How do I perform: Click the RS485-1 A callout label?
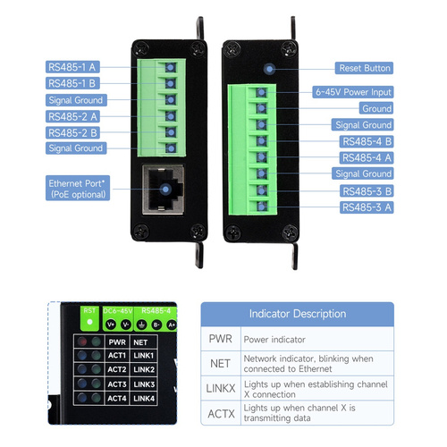(x=72, y=67)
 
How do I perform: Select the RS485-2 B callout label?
(x=72, y=132)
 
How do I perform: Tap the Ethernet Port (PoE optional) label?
(x=78, y=188)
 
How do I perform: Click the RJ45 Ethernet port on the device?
(x=164, y=190)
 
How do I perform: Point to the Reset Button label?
(x=364, y=68)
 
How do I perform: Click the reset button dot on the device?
(x=269, y=69)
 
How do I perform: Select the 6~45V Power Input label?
(x=353, y=92)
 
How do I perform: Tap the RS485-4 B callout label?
(x=367, y=141)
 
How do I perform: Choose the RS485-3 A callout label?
(x=367, y=207)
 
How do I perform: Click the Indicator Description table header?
(x=298, y=314)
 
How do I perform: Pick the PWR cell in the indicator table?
(x=221, y=339)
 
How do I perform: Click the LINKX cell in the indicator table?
(x=221, y=388)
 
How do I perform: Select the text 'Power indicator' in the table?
(x=274, y=340)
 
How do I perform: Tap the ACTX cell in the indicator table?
(x=221, y=413)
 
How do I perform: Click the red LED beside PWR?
(x=82, y=342)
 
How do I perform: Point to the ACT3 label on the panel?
(x=117, y=384)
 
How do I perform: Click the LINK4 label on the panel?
(x=144, y=399)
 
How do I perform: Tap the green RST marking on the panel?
(x=89, y=311)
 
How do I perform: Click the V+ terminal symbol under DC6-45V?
(x=111, y=325)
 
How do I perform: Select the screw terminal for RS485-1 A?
(x=170, y=68)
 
